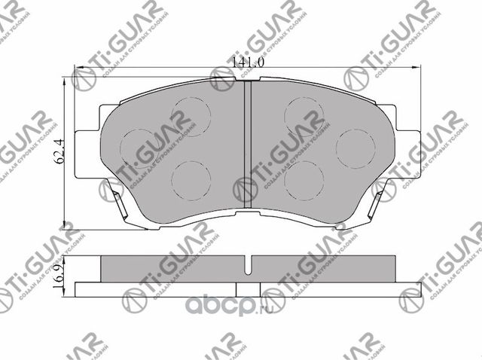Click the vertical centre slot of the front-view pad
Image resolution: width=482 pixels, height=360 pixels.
click(x=247, y=143)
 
